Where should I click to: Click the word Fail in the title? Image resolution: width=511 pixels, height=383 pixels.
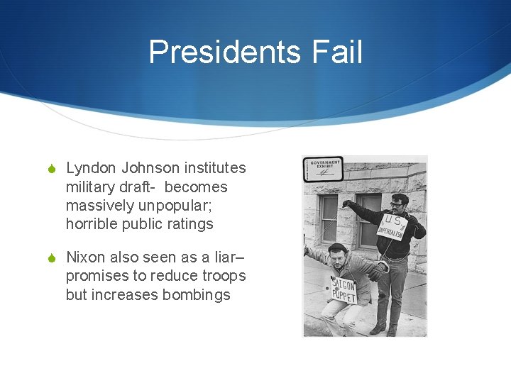pos(341,52)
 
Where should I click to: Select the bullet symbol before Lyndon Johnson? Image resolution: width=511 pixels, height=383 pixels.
pos(53,169)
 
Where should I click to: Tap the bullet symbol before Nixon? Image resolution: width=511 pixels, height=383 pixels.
pos(53,257)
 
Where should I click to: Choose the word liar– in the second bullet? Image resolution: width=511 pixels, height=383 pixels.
pos(226,257)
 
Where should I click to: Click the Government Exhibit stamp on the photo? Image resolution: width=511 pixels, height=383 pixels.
pos(323,170)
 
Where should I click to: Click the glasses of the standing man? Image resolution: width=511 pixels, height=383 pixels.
pos(398,204)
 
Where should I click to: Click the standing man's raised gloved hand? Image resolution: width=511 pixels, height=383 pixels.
pos(348,204)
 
